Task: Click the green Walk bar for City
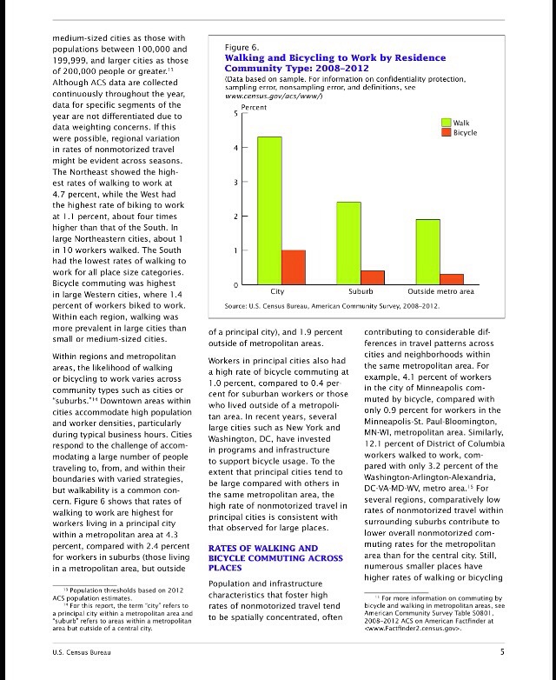tap(269, 210)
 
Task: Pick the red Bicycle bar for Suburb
tap(373, 277)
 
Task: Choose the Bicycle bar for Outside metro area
tap(452, 279)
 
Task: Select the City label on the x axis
tap(277, 292)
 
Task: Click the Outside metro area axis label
tap(440, 292)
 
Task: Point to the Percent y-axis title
tap(254, 106)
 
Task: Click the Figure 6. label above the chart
tap(242, 46)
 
